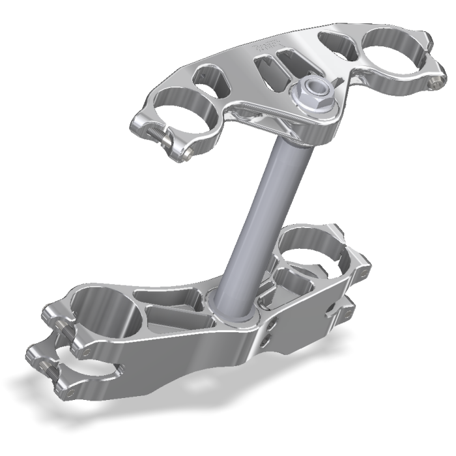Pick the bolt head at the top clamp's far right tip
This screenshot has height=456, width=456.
pos(431,82)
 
